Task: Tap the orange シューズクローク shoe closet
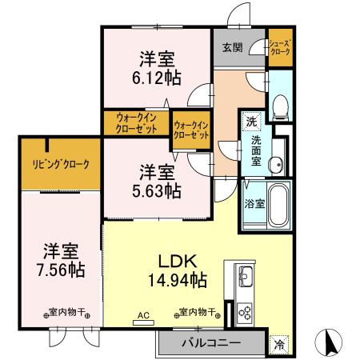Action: coord(279,49)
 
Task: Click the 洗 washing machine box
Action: coord(252,122)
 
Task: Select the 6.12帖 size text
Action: coord(158,78)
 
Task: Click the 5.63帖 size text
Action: coord(158,190)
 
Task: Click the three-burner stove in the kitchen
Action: coord(245,312)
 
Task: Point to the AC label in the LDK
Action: coord(144,314)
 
